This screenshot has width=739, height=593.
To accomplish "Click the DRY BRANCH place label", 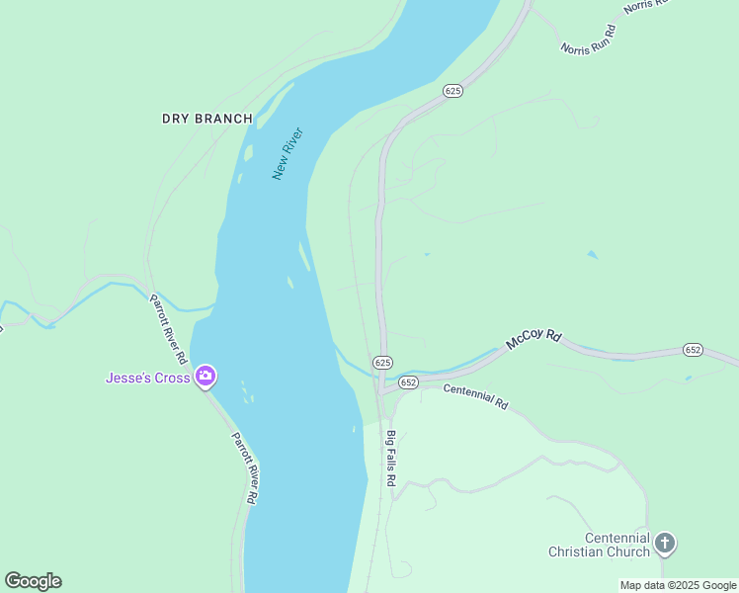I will pyautogui.click(x=206, y=119).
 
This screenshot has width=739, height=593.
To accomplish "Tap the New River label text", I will pyautogui.click(x=287, y=153).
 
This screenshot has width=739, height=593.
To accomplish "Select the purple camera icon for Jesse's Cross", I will pyautogui.click(x=205, y=376).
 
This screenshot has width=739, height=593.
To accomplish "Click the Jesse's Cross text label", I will pyautogui.click(x=147, y=378).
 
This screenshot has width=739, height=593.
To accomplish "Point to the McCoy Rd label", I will pyautogui.click(x=534, y=339).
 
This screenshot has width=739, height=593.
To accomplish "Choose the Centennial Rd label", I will pyautogui.click(x=475, y=396).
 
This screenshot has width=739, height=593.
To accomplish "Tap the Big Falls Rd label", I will pyautogui.click(x=391, y=458).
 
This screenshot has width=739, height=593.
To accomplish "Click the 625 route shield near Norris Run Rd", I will pyautogui.click(x=452, y=91).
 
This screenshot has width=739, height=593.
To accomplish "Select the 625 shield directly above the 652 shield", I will pyautogui.click(x=383, y=363).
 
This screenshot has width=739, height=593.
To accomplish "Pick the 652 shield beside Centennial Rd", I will pyautogui.click(x=409, y=381).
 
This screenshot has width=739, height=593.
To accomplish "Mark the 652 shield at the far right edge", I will pyautogui.click(x=693, y=350).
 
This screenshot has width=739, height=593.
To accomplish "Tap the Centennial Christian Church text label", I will pyautogui.click(x=603, y=545).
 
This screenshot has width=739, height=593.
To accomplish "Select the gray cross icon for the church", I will pyautogui.click(x=665, y=543).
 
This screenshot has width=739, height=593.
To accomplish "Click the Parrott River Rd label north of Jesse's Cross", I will pyautogui.click(x=168, y=327).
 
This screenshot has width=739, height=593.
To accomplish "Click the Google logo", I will pyautogui.click(x=33, y=581).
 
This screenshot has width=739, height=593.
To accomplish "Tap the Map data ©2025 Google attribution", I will pyautogui.click(x=677, y=585).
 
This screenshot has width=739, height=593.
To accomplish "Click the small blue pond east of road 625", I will pyautogui.click(x=592, y=255).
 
